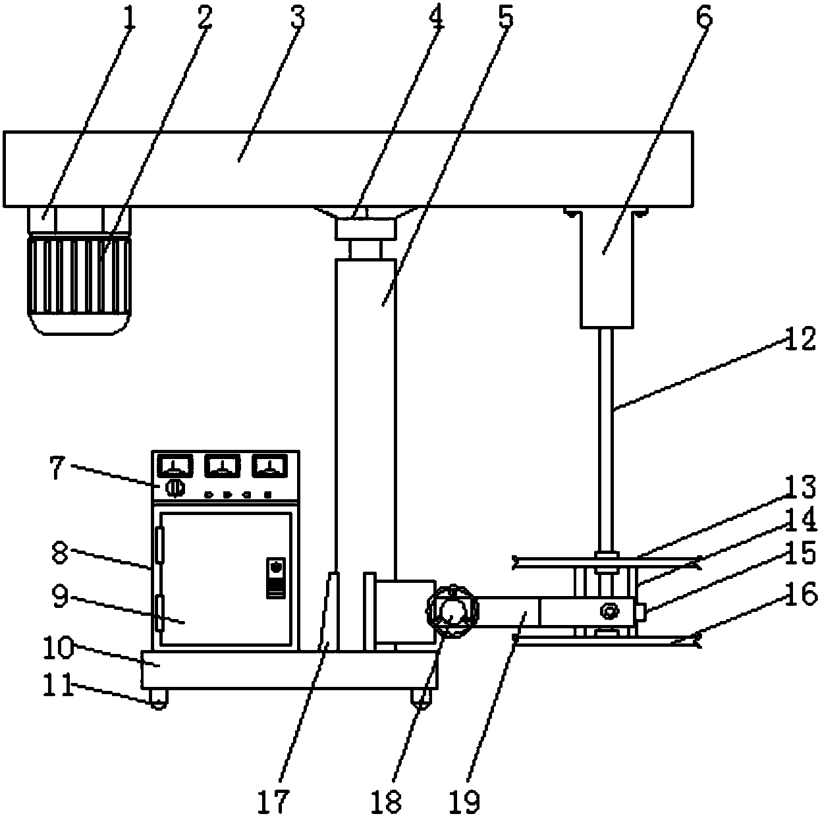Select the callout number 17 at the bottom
[x=273, y=800]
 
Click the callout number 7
[x=59, y=468]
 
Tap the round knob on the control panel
[x=175, y=488]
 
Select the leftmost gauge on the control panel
[x=175, y=466]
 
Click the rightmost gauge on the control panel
[x=270, y=466]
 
